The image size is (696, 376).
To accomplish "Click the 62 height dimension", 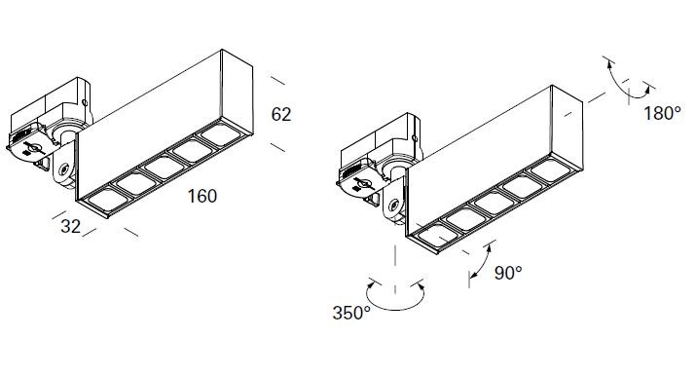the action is pos(281,115).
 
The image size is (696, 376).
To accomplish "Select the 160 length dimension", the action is pos(202,196).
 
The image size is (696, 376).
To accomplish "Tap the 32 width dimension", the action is pos(71,226).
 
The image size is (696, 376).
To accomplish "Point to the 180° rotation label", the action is pos(662,114).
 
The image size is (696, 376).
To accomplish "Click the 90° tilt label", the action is pos(508,273).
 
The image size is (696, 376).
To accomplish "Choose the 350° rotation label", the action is pos(351,313).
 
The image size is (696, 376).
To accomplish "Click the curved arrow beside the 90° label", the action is pos(480,261).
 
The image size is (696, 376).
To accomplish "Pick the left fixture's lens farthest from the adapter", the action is pos(221,134).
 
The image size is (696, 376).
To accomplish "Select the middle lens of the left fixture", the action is pos(165,168).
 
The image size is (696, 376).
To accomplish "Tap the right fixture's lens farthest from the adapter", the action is pos(551,170).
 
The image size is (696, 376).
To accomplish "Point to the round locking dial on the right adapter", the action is pos(361,182).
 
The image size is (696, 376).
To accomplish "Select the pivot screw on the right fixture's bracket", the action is pos(394,206).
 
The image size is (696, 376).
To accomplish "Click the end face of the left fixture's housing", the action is pos(238,92).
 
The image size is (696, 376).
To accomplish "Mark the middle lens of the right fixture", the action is pos(495,203).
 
